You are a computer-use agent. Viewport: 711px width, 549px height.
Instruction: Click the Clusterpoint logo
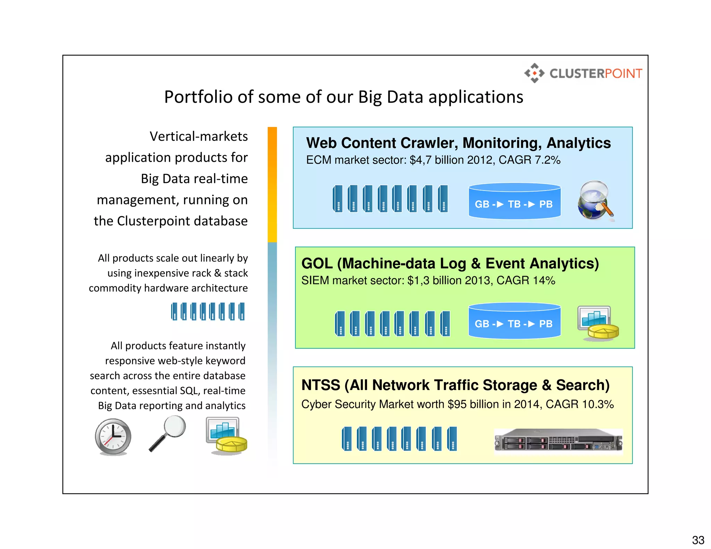(x=583, y=73)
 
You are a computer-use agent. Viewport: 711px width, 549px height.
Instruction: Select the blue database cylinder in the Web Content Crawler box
(x=514, y=202)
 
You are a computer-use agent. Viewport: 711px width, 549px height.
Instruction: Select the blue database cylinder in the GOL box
(x=514, y=321)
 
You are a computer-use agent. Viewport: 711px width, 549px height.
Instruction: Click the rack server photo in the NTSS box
(x=558, y=441)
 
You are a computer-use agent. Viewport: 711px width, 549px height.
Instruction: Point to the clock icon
(x=113, y=437)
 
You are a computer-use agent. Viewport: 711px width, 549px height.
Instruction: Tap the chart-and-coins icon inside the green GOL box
(x=597, y=322)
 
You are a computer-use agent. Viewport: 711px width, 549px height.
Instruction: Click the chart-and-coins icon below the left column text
(x=226, y=436)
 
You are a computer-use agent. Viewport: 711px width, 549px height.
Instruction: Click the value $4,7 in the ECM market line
(x=421, y=160)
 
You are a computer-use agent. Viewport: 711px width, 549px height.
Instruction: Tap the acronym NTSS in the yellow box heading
(x=320, y=385)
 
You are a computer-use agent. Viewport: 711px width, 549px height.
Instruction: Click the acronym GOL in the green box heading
(x=317, y=264)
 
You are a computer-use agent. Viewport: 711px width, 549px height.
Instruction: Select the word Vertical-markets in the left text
(x=199, y=136)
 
